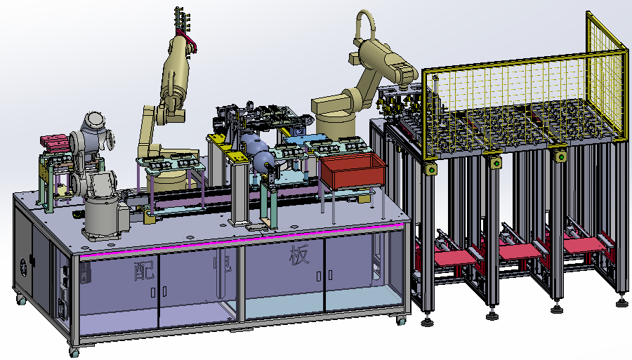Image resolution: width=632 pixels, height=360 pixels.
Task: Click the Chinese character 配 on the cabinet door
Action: pos(144,269)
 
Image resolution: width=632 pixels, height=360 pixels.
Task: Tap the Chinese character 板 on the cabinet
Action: pos(299,255)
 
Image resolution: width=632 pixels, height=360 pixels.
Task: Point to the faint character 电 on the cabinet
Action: pos(222,262)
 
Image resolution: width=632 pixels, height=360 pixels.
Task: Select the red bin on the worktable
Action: pos(353,171)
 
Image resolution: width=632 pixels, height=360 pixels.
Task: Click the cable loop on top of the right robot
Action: pos(365,25)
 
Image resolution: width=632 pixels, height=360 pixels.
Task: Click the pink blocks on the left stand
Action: pos(53,141)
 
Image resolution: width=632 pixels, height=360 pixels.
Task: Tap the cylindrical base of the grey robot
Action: pos(102,217)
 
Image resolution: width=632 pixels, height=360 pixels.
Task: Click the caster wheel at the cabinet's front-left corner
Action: pos(74,352)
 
